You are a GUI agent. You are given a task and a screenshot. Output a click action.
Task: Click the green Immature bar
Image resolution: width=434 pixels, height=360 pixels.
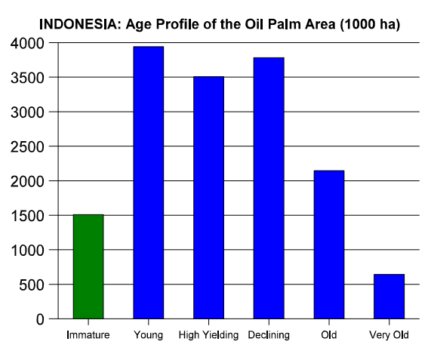click(88, 266)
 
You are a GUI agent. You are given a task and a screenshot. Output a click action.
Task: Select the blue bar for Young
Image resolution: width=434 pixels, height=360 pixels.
click(149, 183)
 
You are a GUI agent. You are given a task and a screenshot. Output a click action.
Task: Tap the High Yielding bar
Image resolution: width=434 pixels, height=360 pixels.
click(208, 198)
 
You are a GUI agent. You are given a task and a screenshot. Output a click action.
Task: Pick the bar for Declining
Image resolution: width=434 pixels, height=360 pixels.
click(269, 188)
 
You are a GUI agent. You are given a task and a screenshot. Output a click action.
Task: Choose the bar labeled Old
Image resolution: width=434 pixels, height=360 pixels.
click(329, 245)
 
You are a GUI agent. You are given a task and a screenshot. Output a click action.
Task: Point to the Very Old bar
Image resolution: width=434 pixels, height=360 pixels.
click(389, 297)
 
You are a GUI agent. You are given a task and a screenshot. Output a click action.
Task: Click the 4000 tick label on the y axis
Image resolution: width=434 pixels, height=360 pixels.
click(27, 43)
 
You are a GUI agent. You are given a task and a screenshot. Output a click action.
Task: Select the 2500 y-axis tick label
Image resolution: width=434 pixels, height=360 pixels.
click(27, 146)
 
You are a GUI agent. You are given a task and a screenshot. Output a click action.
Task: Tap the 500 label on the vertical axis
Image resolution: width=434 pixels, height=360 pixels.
click(32, 285)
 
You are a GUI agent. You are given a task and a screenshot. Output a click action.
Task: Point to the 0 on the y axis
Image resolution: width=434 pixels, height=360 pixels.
click(40, 319)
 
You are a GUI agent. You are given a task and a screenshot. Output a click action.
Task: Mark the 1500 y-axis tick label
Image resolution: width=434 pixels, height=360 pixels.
click(27, 216)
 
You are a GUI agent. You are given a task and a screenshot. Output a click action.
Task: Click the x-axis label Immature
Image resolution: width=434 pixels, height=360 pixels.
click(88, 335)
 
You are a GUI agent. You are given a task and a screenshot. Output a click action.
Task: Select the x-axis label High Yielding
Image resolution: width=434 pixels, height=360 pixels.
click(208, 335)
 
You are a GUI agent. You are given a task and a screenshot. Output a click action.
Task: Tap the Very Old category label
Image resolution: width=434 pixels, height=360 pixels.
click(389, 335)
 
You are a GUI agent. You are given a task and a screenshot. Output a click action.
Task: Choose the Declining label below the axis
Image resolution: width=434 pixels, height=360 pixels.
click(269, 335)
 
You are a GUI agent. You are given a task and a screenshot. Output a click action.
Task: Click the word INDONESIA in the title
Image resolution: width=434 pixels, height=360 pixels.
click(78, 24)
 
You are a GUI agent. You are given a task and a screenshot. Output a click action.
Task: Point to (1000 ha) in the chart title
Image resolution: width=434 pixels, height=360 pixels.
click(370, 25)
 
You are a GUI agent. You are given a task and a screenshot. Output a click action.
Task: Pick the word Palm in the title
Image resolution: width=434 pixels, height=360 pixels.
click(285, 24)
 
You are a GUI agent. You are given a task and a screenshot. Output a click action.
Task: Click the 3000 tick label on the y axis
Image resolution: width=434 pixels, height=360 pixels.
click(27, 112)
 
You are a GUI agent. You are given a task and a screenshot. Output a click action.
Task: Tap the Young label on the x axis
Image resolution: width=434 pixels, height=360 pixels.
click(149, 335)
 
